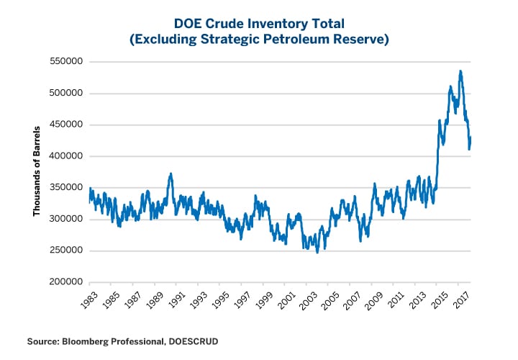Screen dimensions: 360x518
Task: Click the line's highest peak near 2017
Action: point(460,71)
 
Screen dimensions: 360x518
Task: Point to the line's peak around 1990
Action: point(171,174)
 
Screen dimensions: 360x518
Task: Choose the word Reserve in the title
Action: point(365,41)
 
